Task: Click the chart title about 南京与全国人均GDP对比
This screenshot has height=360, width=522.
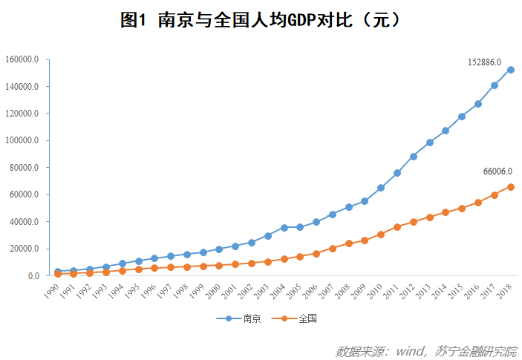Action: tap(261, 20)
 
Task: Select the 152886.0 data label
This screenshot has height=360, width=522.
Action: tap(484, 62)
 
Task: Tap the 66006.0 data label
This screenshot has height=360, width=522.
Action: tap(497, 171)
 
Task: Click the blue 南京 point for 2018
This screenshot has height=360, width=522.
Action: tap(511, 70)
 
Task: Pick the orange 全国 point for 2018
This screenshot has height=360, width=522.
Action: tap(511, 187)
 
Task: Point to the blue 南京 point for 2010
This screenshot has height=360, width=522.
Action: tap(381, 188)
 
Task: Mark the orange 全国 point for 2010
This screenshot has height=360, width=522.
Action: tap(381, 235)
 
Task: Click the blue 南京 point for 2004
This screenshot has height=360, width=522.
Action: tap(284, 228)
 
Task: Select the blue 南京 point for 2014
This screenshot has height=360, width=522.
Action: tap(446, 131)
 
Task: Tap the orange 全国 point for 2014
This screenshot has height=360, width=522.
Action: tap(446, 212)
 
